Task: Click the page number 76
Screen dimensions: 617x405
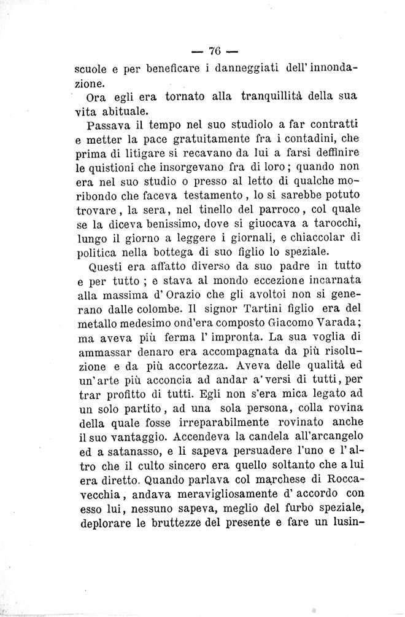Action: pyautogui.click(x=214, y=51)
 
